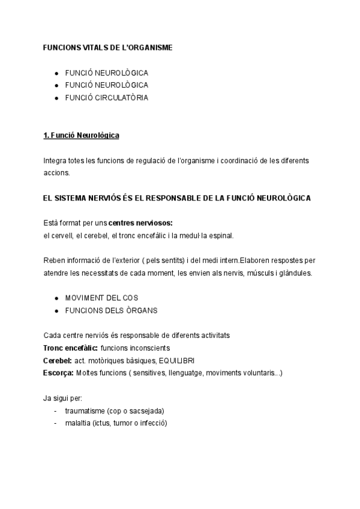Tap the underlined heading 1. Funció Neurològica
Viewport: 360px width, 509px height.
(x=81, y=136)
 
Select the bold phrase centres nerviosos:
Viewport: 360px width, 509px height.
(x=140, y=223)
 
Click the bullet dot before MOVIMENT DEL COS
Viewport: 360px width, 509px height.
(x=56, y=298)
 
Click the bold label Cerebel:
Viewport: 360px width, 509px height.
(x=58, y=360)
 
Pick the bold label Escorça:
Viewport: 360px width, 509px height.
(x=59, y=373)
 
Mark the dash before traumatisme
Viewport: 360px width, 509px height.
(x=55, y=411)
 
